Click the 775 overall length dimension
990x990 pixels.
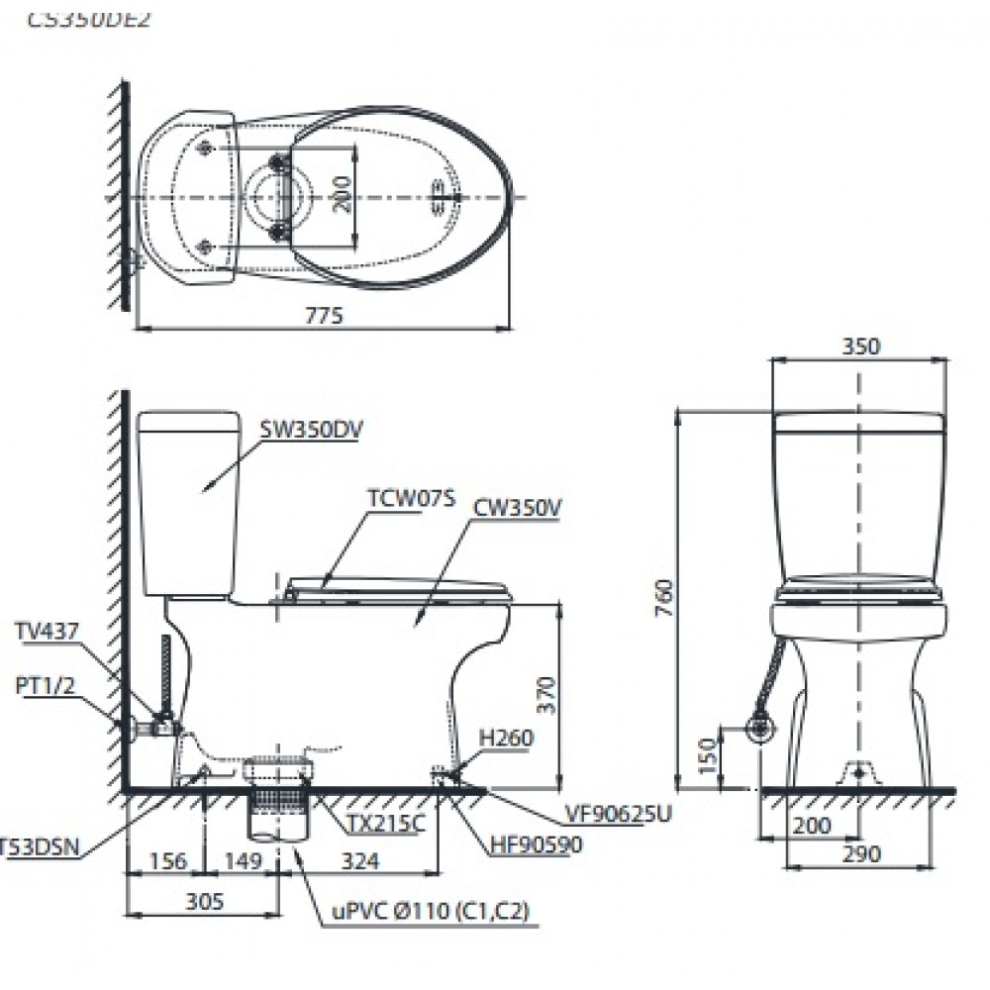[x=323, y=317]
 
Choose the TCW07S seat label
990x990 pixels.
[x=411, y=499]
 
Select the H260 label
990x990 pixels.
[x=506, y=738]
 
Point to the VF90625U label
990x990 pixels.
[x=620, y=814]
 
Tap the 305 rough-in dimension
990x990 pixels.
[x=203, y=901]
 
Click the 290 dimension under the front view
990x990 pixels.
[x=860, y=854]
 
